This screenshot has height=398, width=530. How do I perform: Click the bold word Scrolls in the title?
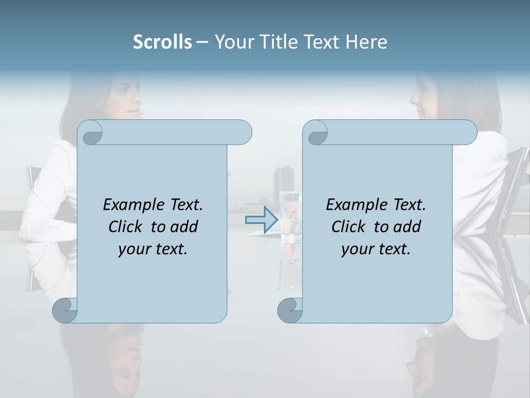[x=162, y=42]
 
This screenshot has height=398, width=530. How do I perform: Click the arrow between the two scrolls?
[x=261, y=219]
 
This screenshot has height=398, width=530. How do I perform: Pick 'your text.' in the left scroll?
[x=153, y=249]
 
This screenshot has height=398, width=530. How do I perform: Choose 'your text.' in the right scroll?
[x=376, y=249]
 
